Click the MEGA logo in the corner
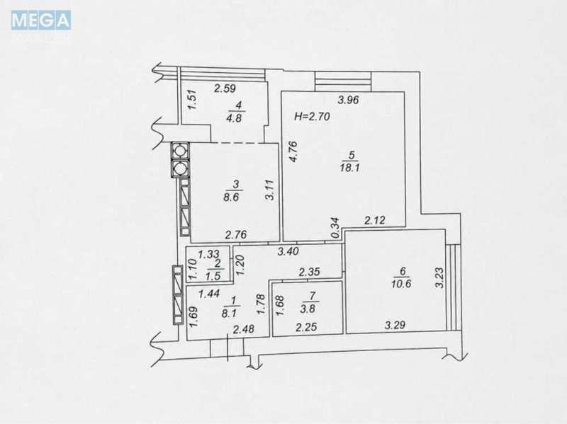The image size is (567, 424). (x=41, y=21)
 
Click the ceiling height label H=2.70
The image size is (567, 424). (x=312, y=117)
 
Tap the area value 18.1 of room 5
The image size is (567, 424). (x=349, y=168)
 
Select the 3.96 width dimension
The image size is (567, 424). (x=348, y=100)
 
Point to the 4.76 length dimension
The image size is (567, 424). (x=293, y=151)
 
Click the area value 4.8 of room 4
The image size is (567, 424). (x=234, y=118)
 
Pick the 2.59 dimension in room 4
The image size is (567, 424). (x=225, y=88)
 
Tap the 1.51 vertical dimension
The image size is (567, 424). (x=192, y=100)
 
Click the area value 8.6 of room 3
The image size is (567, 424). (x=232, y=197)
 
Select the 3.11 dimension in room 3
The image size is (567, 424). (x=270, y=190)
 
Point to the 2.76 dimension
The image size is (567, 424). (x=236, y=235)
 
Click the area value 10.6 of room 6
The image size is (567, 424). (x=401, y=284)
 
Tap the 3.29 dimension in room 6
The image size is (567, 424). (x=395, y=326)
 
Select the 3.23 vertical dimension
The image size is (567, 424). (x=439, y=277)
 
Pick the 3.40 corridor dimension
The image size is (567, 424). (x=288, y=251)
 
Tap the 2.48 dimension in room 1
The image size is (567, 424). (x=244, y=329)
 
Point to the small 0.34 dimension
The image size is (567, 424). (x=335, y=227)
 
